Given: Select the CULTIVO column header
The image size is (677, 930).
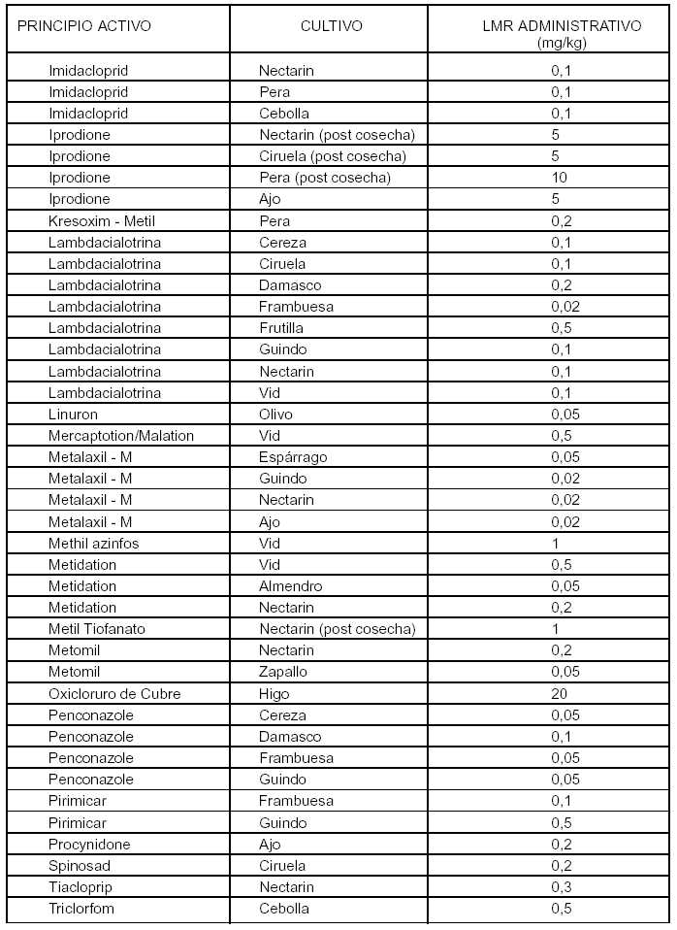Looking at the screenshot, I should (x=332, y=26).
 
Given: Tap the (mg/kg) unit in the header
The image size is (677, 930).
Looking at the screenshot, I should (x=561, y=42).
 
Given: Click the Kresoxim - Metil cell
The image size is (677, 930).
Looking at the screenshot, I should (x=94, y=220).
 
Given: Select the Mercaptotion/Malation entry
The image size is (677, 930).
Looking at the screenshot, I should (x=121, y=435).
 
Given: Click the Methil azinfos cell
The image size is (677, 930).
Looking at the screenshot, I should (x=93, y=543).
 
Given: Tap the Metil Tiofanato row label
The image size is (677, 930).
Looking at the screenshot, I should (x=97, y=628).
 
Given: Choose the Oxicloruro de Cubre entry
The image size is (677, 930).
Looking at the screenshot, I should (x=114, y=693).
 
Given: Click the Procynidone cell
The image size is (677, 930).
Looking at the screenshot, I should (x=89, y=844).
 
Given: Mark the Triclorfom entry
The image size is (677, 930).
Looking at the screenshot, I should (x=81, y=908).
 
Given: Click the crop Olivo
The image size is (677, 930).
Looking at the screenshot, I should (x=275, y=414).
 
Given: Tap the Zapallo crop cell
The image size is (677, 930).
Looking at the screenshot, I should (x=283, y=672).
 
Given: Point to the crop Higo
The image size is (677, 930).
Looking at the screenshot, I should (x=274, y=693).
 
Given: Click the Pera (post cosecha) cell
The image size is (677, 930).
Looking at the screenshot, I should (x=324, y=178).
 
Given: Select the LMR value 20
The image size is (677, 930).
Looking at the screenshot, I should (x=560, y=693).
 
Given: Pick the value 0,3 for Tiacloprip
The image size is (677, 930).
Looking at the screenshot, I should (x=561, y=886).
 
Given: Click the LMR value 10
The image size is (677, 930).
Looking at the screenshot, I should (x=560, y=178).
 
